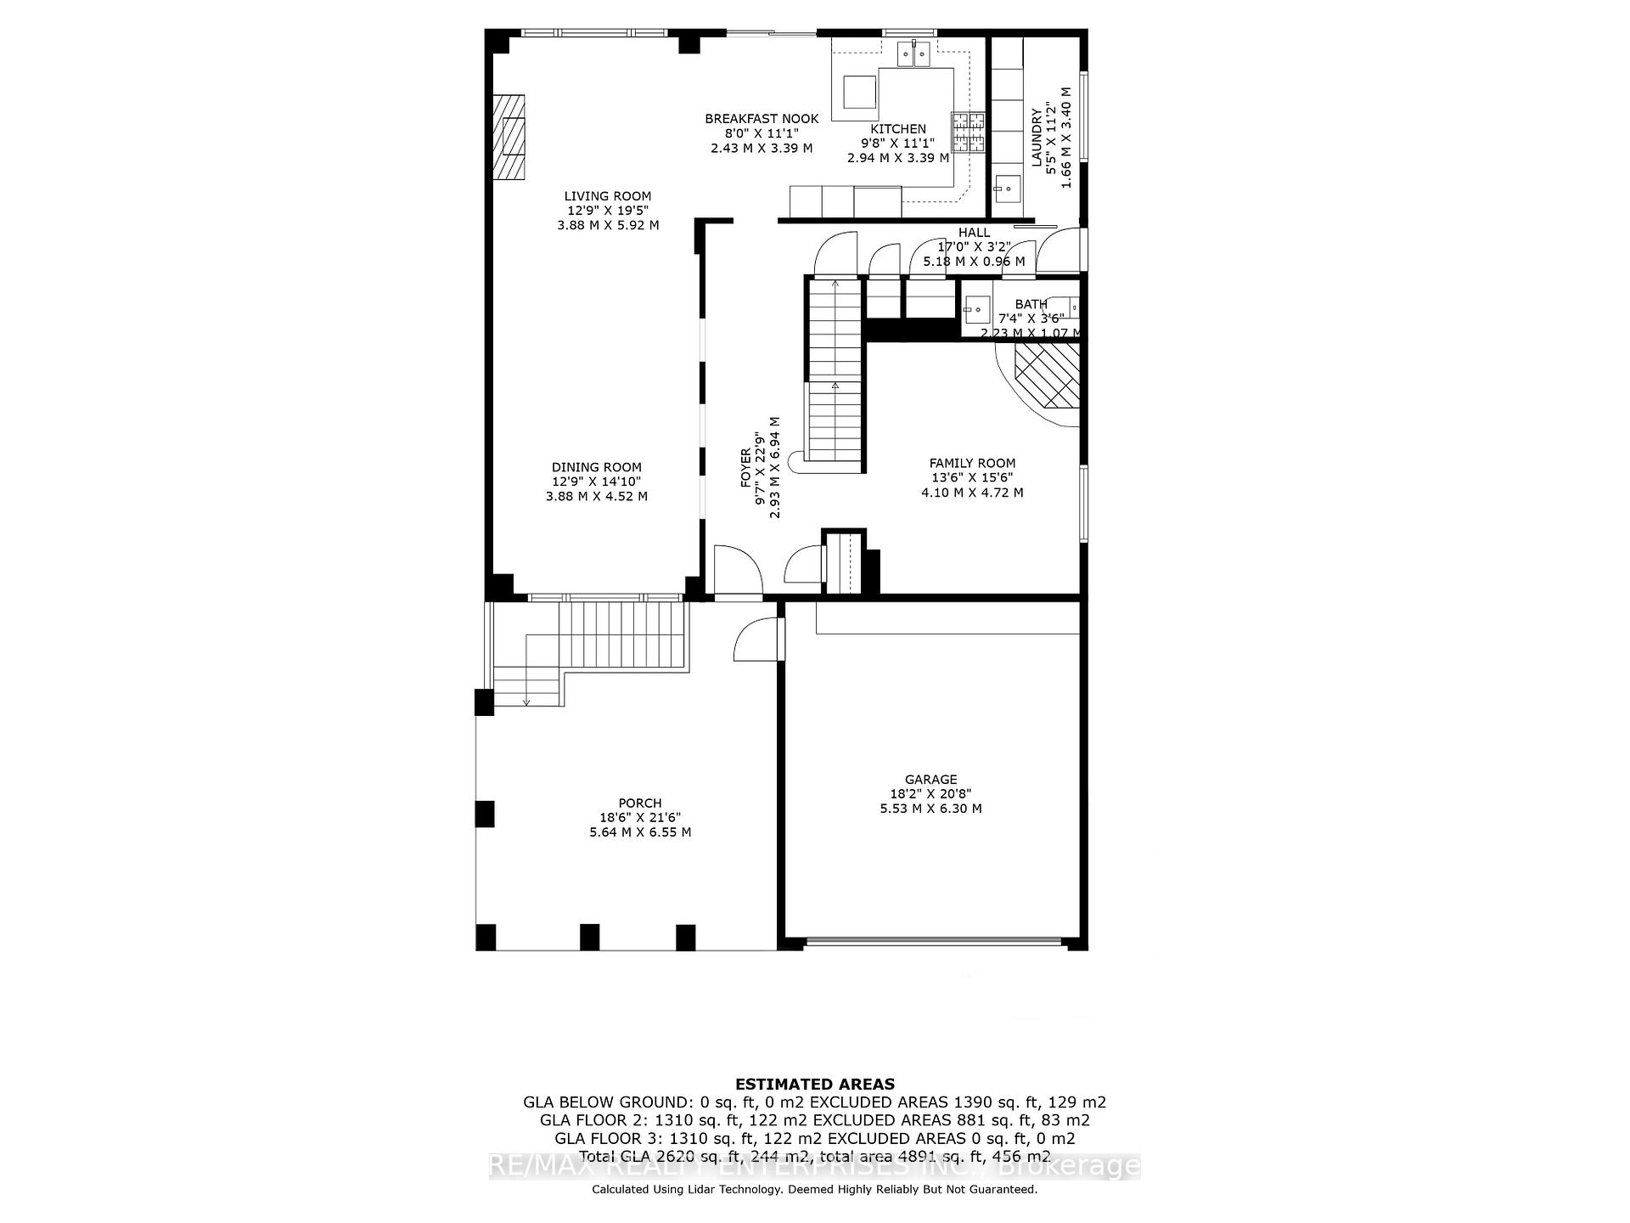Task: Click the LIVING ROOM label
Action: tap(608, 196)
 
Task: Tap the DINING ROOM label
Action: tap(597, 467)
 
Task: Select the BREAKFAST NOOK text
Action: tap(762, 119)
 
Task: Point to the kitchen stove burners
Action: tap(969, 132)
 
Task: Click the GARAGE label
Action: tap(930, 779)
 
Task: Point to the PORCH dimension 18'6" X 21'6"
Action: tap(640, 817)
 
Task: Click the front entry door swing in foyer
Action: tap(737, 571)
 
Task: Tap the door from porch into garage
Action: tap(759, 639)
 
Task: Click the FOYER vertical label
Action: tap(746, 467)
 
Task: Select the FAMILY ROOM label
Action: tap(972, 463)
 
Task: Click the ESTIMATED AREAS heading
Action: tap(814, 1084)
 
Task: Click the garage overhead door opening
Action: tap(932, 941)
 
